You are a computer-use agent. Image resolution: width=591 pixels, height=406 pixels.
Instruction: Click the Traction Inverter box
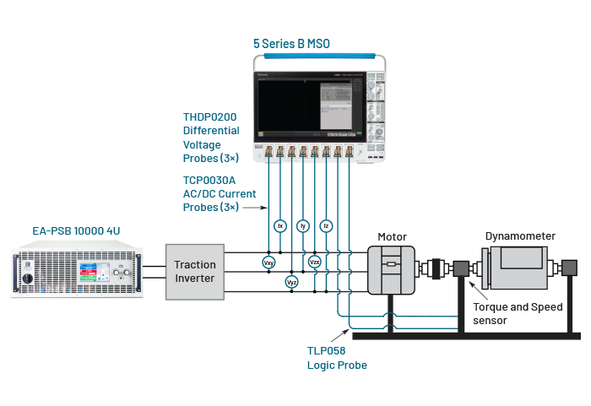click(x=195, y=271)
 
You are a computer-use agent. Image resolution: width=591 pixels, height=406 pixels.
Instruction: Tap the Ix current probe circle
click(x=280, y=226)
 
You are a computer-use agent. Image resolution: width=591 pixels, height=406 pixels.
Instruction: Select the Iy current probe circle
click(x=303, y=226)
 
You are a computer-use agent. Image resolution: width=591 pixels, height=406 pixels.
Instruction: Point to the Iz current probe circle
click(x=327, y=226)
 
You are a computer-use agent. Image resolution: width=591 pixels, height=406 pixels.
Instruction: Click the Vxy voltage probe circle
click(x=268, y=263)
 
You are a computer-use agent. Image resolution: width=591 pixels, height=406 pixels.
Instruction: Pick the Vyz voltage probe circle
click(x=292, y=282)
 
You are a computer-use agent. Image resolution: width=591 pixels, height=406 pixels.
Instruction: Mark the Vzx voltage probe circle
click(x=315, y=263)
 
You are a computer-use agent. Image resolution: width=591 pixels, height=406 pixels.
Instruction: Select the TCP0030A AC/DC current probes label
click(x=220, y=193)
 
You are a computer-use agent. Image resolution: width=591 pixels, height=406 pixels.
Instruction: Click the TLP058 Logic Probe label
click(x=326, y=357)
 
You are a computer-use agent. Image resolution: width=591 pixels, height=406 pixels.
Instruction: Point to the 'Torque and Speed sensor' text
click(x=518, y=313)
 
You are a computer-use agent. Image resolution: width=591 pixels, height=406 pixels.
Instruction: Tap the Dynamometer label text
click(x=519, y=236)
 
